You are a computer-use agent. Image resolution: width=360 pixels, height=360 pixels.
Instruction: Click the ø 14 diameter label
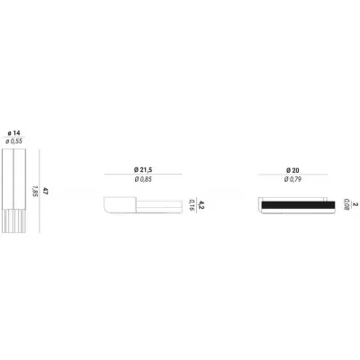[x=14, y=133]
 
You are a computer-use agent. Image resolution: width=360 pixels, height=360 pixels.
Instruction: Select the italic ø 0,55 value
[x=13, y=141]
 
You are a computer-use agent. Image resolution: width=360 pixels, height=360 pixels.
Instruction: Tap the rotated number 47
[x=45, y=191]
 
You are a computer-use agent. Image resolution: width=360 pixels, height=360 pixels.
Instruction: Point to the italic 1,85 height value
[x=35, y=191]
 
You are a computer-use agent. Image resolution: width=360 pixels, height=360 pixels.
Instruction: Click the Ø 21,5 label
[x=143, y=170]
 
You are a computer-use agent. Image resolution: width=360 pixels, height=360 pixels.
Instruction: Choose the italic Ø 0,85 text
[x=143, y=179]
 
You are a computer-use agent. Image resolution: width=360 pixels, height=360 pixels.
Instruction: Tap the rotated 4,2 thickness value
[x=202, y=205]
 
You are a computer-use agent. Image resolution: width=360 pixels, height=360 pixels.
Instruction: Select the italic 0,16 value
[x=192, y=205]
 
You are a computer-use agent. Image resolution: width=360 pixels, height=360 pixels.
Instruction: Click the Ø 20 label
[x=292, y=170]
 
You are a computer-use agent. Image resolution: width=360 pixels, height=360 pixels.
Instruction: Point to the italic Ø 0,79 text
[x=292, y=179]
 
